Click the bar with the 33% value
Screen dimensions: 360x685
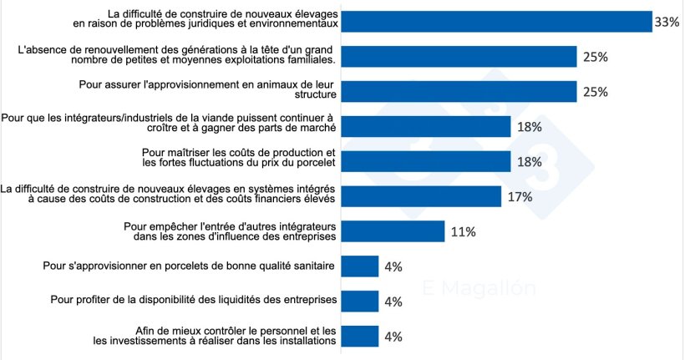(x=497, y=21)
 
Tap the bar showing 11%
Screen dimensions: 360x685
(x=393, y=231)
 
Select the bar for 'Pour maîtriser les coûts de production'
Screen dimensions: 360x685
(x=426, y=161)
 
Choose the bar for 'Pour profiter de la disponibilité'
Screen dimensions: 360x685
(x=360, y=301)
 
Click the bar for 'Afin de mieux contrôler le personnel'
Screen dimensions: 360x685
(x=360, y=336)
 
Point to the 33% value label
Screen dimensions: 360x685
(x=667, y=22)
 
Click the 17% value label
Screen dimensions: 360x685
(x=515, y=197)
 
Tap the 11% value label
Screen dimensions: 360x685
(x=464, y=232)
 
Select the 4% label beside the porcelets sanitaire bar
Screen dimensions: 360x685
(x=393, y=267)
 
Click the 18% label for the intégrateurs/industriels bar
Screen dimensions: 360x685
(x=530, y=127)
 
